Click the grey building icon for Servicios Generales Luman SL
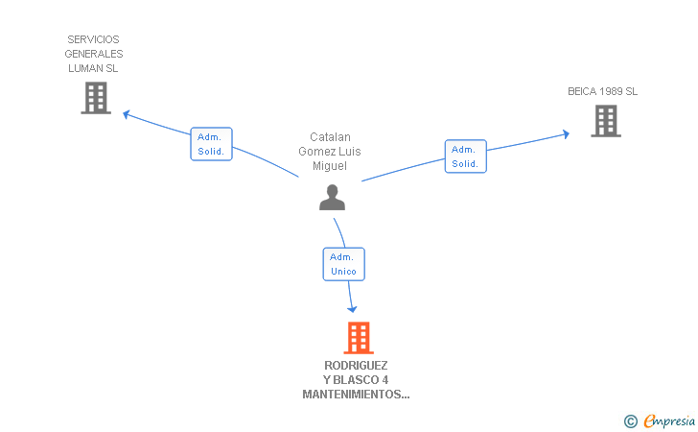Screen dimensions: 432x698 point(96,98)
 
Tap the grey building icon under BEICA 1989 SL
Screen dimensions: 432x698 point(605,121)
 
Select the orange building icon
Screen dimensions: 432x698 point(358,337)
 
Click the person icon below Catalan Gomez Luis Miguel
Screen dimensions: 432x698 point(332,197)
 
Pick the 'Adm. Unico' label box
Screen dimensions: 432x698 point(343,264)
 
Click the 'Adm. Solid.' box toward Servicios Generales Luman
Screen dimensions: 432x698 point(211,144)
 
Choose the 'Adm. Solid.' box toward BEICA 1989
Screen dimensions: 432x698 point(465,156)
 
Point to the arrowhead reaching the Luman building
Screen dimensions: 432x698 point(127,114)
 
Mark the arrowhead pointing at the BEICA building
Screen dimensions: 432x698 point(566,134)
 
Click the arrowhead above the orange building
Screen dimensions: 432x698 point(353,308)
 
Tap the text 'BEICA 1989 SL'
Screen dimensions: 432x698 point(602,92)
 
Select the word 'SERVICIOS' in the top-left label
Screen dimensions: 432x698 point(93,39)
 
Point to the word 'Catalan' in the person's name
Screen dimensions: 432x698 point(330,137)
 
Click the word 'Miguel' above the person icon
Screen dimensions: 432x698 point(330,166)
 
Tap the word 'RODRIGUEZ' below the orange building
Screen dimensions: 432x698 point(356,366)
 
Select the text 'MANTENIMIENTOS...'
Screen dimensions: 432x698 point(356,395)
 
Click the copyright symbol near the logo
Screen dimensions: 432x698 point(630,420)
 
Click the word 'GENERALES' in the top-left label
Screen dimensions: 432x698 point(95,54)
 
